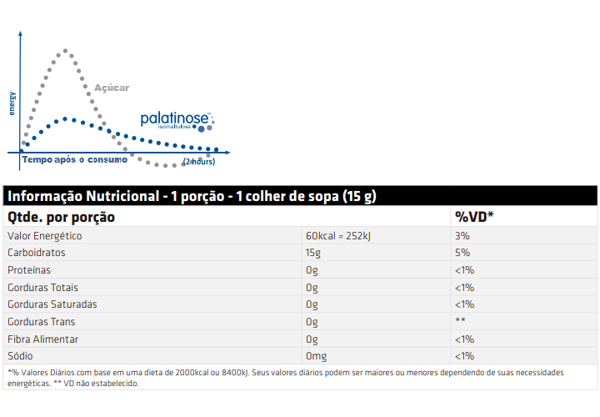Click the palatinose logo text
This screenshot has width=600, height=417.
click(174, 119)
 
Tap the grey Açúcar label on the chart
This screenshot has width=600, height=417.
click(112, 88)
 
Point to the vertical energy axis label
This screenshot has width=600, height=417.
click(12, 103)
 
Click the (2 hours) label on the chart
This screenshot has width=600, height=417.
click(199, 161)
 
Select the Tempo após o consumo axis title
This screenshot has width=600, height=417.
click(75, 159)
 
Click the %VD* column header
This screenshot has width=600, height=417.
click(475, 217)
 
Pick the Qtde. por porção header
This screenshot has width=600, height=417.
click(61, 217)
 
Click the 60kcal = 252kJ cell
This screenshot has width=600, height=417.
click(338, 236)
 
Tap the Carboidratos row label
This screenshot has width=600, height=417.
click(36, 253)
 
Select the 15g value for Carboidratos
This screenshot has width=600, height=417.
click(313, 253)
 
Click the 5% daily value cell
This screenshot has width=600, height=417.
click(462, 253)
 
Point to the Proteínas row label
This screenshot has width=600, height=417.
click(29, 270)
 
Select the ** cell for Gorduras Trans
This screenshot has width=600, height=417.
click(460, 322)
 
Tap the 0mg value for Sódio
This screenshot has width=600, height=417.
click(316, 356)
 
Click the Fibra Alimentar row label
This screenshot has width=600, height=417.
click(42, 339)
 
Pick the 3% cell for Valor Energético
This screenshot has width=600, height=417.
click(462, 236)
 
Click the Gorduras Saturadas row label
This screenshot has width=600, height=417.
click(52, 304)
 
